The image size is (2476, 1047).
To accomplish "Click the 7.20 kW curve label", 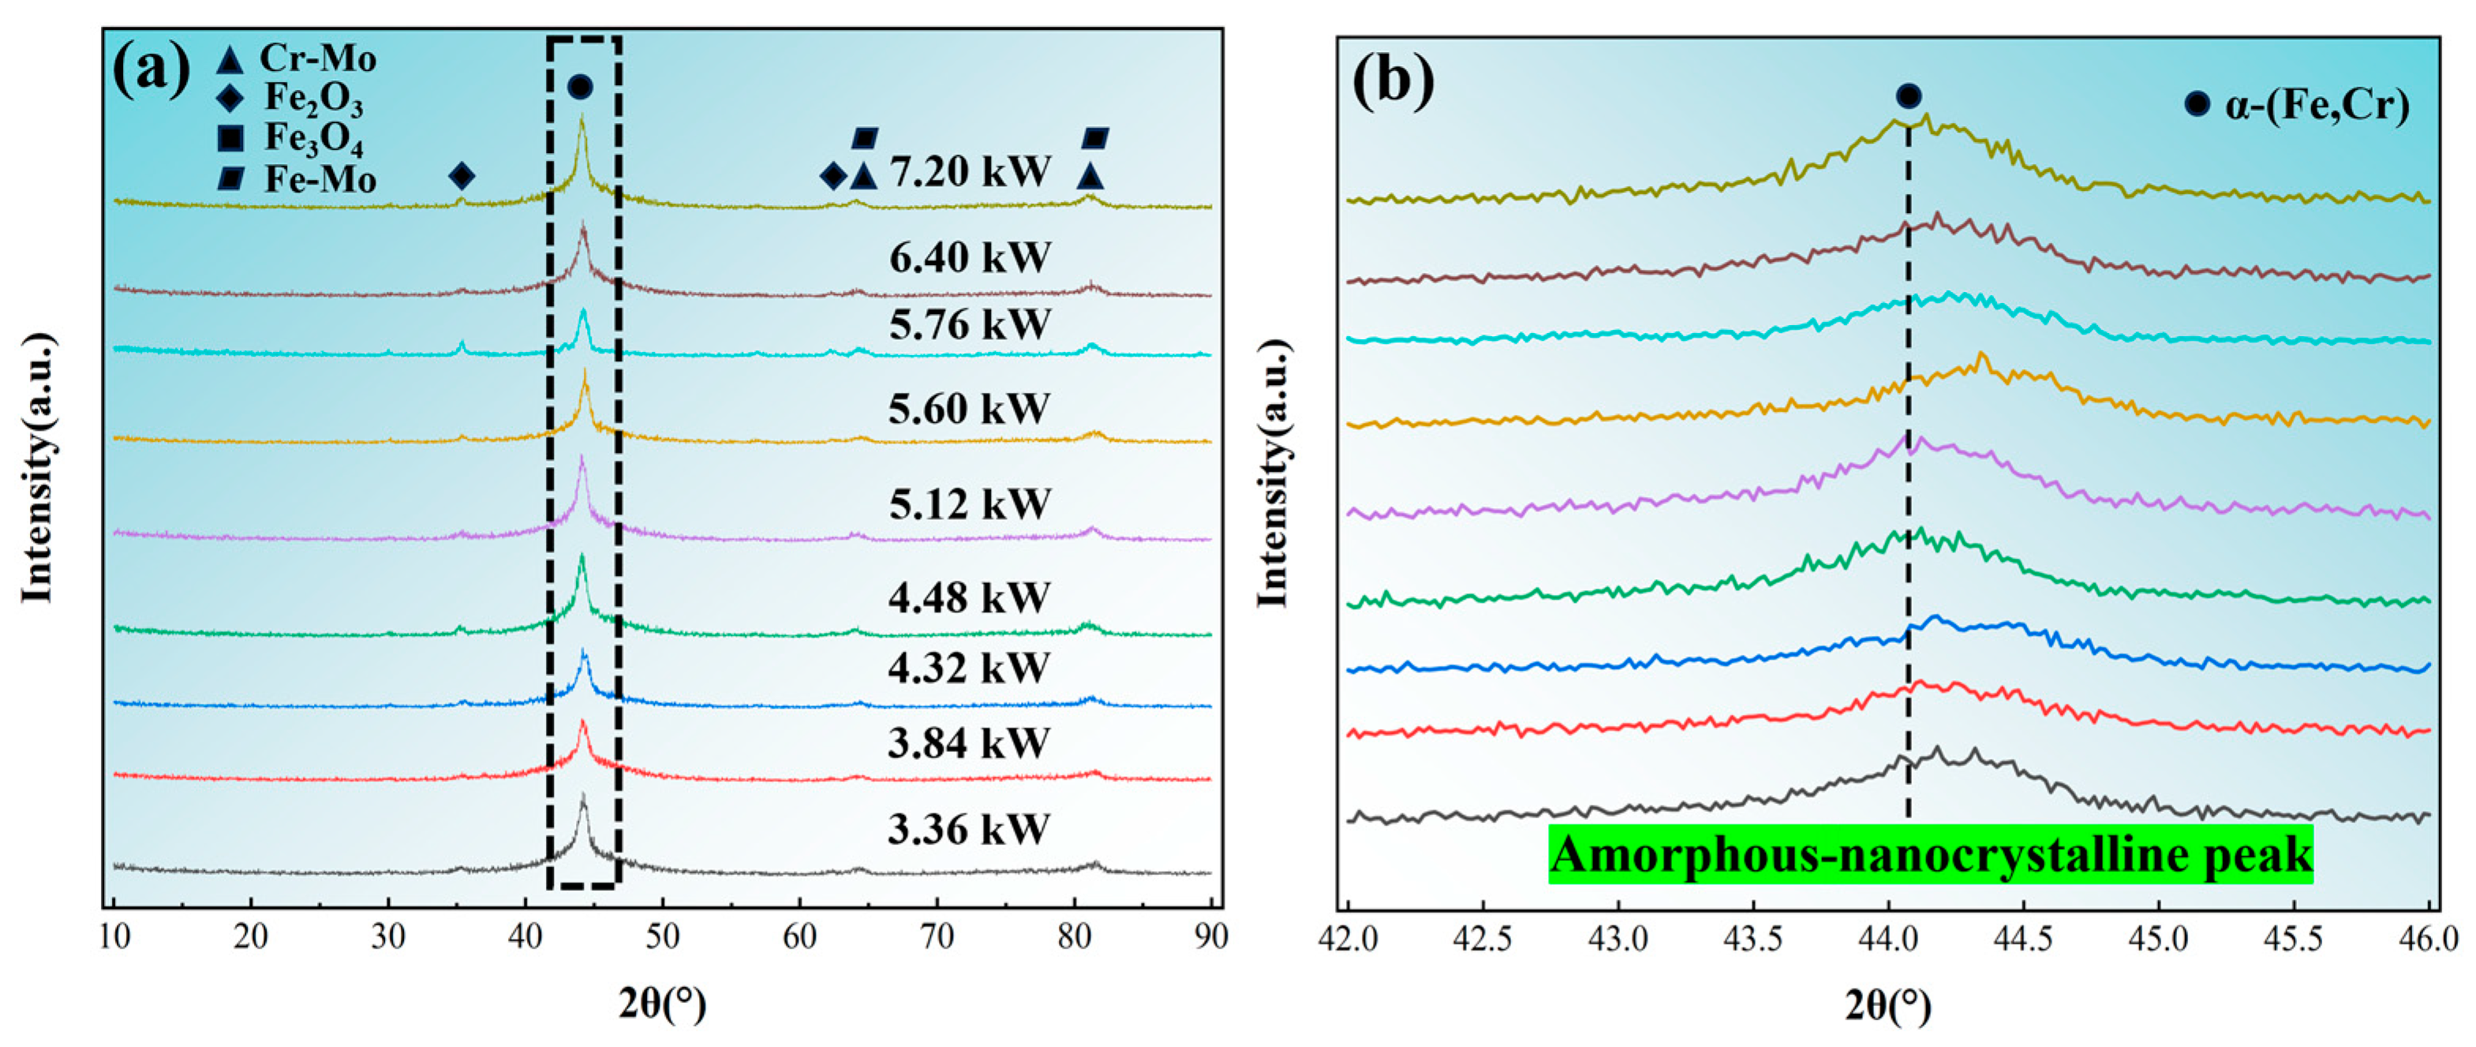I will pos(969,172).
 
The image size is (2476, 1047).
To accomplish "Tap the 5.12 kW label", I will pos(969,504).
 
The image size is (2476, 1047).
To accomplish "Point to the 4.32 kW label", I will pos(967,667).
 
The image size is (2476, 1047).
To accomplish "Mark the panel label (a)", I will pos(151,70).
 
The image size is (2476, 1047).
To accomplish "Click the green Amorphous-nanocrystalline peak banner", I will pos(1930,854).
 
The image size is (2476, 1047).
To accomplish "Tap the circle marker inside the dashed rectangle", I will pos(580,88).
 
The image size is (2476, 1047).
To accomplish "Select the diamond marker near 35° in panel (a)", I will pos(462,176).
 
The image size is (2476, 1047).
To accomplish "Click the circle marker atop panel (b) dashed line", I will pos(1909,96).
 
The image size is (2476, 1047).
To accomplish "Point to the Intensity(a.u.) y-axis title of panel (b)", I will pos(1274,473).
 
